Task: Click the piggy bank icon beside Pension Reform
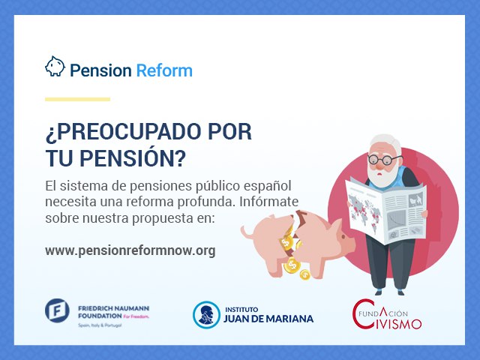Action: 55,66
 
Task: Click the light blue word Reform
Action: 164,70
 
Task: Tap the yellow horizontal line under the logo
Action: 77,99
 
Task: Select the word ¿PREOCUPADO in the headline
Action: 123,132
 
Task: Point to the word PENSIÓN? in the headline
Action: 133,158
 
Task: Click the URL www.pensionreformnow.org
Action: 130,250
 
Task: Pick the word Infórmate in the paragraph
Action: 268,202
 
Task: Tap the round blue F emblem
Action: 57,310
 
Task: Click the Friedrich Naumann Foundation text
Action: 113,312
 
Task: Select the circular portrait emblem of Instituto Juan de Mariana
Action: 207,315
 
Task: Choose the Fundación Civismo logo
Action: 387,314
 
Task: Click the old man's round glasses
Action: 384,160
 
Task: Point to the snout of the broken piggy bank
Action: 350,241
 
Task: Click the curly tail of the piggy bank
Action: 247,232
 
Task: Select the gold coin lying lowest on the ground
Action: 304,274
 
